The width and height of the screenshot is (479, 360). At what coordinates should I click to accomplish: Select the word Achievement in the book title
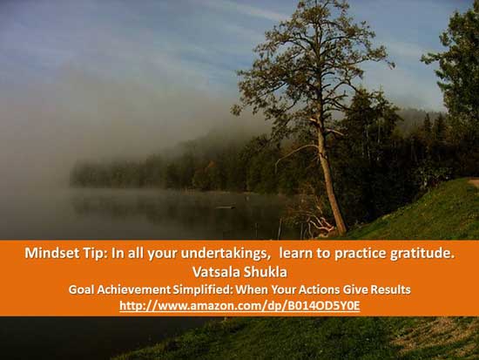[134, 289]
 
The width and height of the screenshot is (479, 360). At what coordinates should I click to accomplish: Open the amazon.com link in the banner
[239, 306]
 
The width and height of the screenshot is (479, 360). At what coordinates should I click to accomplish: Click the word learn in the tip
[294, 254]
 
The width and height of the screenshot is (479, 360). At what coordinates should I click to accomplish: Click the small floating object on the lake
[226, 207]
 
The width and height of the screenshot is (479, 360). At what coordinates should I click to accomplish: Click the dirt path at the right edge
[474, 182]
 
